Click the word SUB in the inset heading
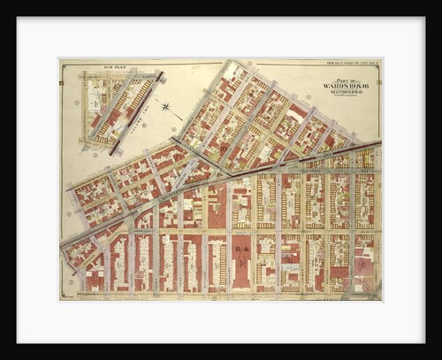(109, 66)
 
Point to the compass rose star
(166, 107)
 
